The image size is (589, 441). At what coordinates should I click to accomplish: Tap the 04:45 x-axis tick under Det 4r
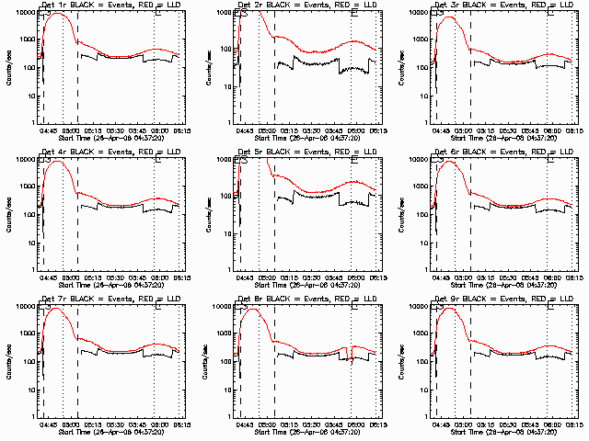(x=48, y=277)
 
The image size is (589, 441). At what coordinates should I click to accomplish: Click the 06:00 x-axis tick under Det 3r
(x=553, y=130)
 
